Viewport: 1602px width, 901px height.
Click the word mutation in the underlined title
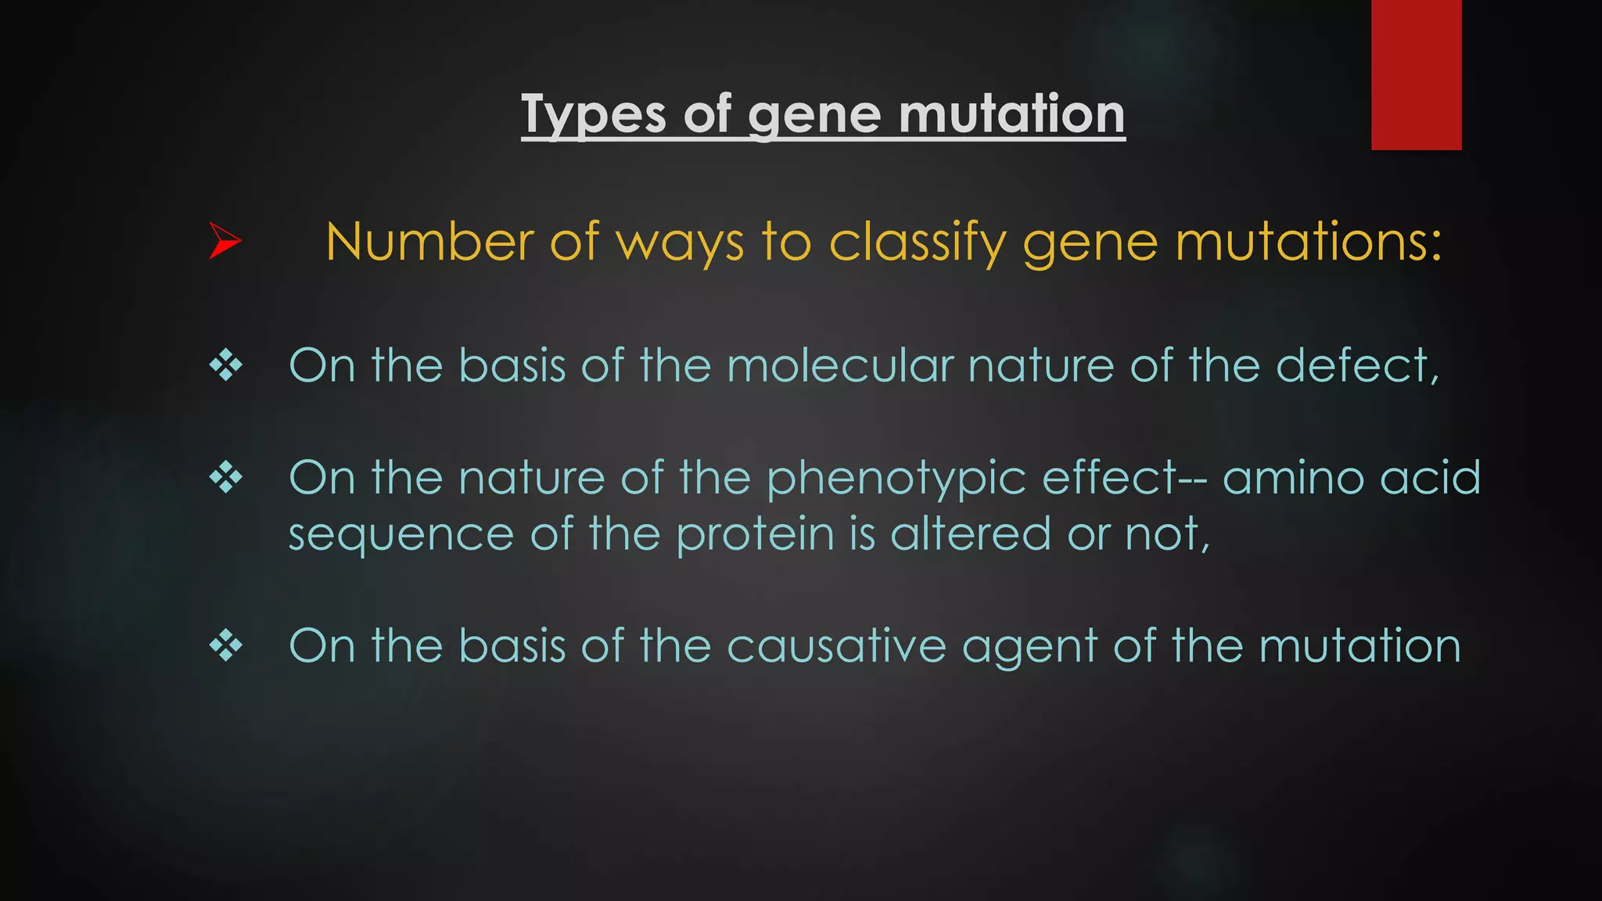[x=1011, y=114]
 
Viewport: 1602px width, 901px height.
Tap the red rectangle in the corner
[x=1416, y=74]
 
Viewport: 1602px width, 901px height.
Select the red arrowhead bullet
[x=224, y=241]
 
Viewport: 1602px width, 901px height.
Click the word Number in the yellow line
[x=429, y=242]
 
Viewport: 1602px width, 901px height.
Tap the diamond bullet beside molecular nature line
[x=225, y=365]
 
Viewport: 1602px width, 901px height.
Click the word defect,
[x=1357, y=366]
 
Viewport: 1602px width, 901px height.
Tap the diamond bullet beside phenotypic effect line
[x=225, y=477]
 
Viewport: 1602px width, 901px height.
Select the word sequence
[x=400, y=536]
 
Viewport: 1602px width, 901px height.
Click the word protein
[x=755, y=536]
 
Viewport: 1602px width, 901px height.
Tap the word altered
[x=971, y=534]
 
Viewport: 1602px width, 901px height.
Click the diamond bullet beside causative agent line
[x=225, y=646]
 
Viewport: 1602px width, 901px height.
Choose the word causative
[x=836, y=646]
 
